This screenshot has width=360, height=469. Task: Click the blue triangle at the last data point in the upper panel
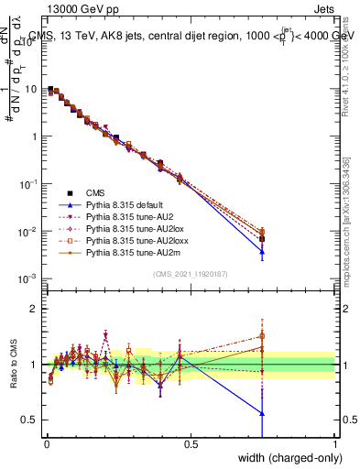[262, 251]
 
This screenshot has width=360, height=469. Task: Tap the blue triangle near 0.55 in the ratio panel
[262, 413]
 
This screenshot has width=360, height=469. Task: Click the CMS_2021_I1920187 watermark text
[190, 274]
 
